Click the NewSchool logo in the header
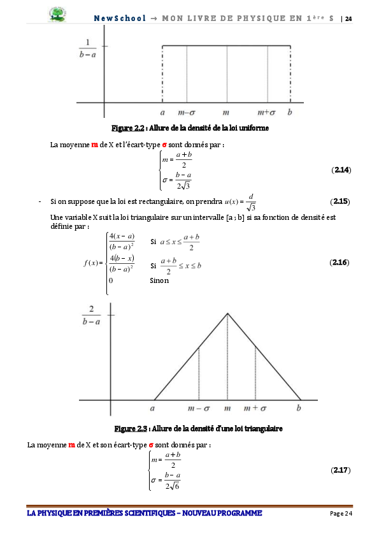59,15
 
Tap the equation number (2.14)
341,170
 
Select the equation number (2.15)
340,202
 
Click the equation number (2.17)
341,470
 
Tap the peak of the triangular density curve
227,314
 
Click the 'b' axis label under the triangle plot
299,408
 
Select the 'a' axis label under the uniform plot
163,112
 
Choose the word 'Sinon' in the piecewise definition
159,280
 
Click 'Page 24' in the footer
341,514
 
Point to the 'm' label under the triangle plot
227,408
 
